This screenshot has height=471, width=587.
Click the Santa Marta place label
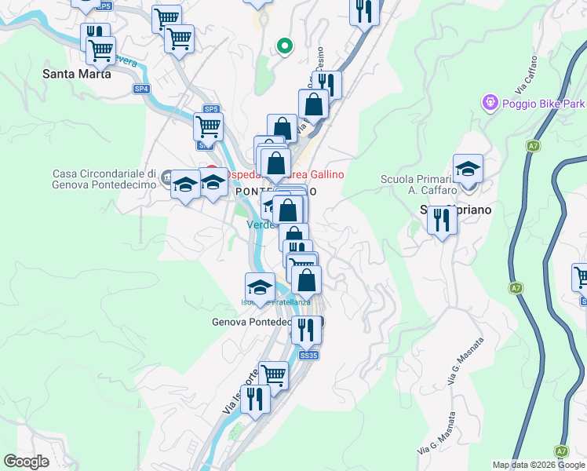tap(76, 75)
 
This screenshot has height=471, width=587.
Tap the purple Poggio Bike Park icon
tap(490, 102)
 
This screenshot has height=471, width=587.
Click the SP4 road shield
tap(141, 89)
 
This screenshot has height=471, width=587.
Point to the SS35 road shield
tap(309, 356)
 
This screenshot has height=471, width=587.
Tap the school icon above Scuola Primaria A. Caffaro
tap(468, 170)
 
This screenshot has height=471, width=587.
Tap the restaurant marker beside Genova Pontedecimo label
tap(306, 330)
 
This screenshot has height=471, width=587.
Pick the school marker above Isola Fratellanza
tap(260, 287)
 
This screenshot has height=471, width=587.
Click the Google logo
tap(26, 462)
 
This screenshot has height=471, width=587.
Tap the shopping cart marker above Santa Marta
tap(100, 51)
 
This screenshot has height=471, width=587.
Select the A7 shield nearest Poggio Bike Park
tap(533, 146)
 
